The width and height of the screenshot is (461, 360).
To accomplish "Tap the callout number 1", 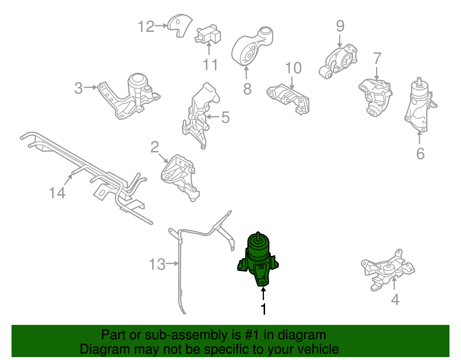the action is click(x=263, y=309).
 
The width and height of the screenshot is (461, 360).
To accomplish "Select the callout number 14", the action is click(x=57, y=193).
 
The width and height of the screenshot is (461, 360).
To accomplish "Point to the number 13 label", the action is click(x=157, y=264).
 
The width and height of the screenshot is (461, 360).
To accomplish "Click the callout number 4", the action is click(x=395, y=299).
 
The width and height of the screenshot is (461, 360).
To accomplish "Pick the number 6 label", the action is click(x=420, y=154).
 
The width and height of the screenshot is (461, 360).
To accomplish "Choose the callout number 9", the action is click(x=340, y=26).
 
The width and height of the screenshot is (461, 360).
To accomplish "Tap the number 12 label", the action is click(x=146, y=26).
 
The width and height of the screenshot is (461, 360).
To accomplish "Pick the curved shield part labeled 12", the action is click(x=180, y=25).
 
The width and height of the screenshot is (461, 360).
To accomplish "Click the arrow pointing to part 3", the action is click(x=90, y=87).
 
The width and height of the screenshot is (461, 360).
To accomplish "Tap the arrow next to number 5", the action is click(x=213, y=117).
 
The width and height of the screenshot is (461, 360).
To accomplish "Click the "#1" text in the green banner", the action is click(x=252, y=335).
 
